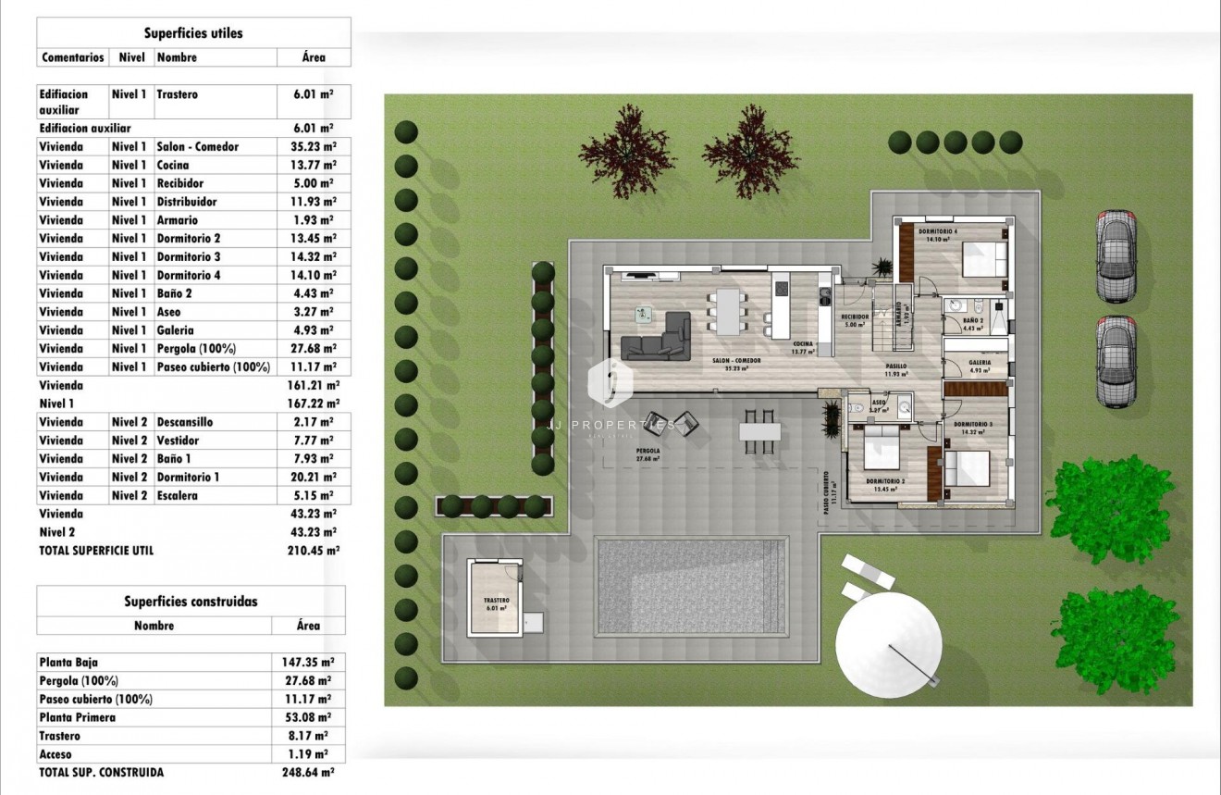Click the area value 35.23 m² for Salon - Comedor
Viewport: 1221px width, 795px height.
pyautogui.click(x=314, y=146)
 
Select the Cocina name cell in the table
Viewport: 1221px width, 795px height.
pyautogui.click(x=173, y=165)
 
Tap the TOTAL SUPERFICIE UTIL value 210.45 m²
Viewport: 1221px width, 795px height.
pyautogui.click(x=314, y=550)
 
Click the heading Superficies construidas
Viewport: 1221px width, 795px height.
pyautogui.click(x=191, y=601)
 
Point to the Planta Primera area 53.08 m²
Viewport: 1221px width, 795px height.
pyautogui.click(x=307, y=717)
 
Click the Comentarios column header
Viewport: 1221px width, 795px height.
pyautogui.click(x=72, y=57)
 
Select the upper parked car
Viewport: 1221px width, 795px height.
pyautogui.click(x=1116, y=255)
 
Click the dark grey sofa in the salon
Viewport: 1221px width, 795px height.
pyautogui.click(x=657, y=337)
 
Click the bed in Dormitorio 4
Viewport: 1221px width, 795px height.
pyautogui.click(x=983, y=258)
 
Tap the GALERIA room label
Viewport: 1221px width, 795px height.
pyautogui.click(x=980, y=363)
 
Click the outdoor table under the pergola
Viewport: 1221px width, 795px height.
pyautogui.click(x=759, y=431)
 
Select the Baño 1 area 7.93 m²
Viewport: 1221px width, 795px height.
pyautogui.click(x=314, y=458)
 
